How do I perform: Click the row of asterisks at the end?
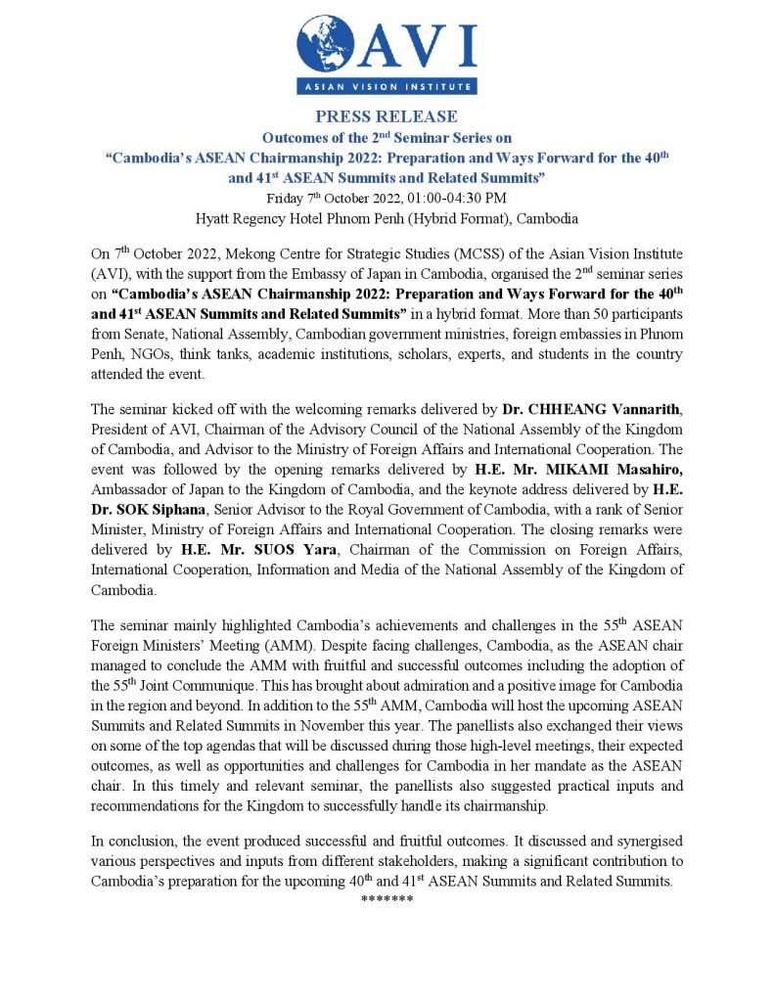[x=387, y=897]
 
